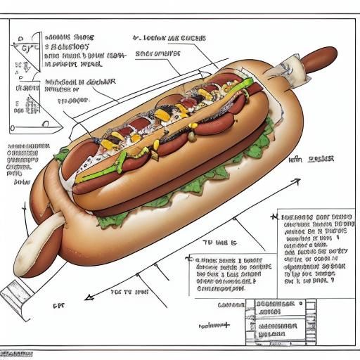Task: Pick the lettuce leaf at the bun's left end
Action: click(x=63, y=154)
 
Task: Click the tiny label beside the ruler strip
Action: click(x=58, y=307)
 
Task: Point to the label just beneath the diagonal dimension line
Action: click(x=130, y=290)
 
